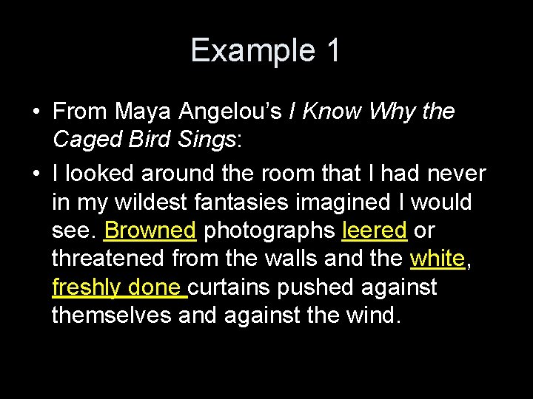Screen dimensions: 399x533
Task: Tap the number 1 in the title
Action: click(x=331, y=51)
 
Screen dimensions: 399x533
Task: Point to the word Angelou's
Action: click(x=245, y=112)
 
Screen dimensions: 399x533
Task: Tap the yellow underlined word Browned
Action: click(x=150, y=231)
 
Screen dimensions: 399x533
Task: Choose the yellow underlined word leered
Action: click(x=375, y=231)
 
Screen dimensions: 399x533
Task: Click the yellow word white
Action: click(x=438, y=259)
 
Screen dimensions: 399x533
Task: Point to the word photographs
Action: click(x=269, y=231)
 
